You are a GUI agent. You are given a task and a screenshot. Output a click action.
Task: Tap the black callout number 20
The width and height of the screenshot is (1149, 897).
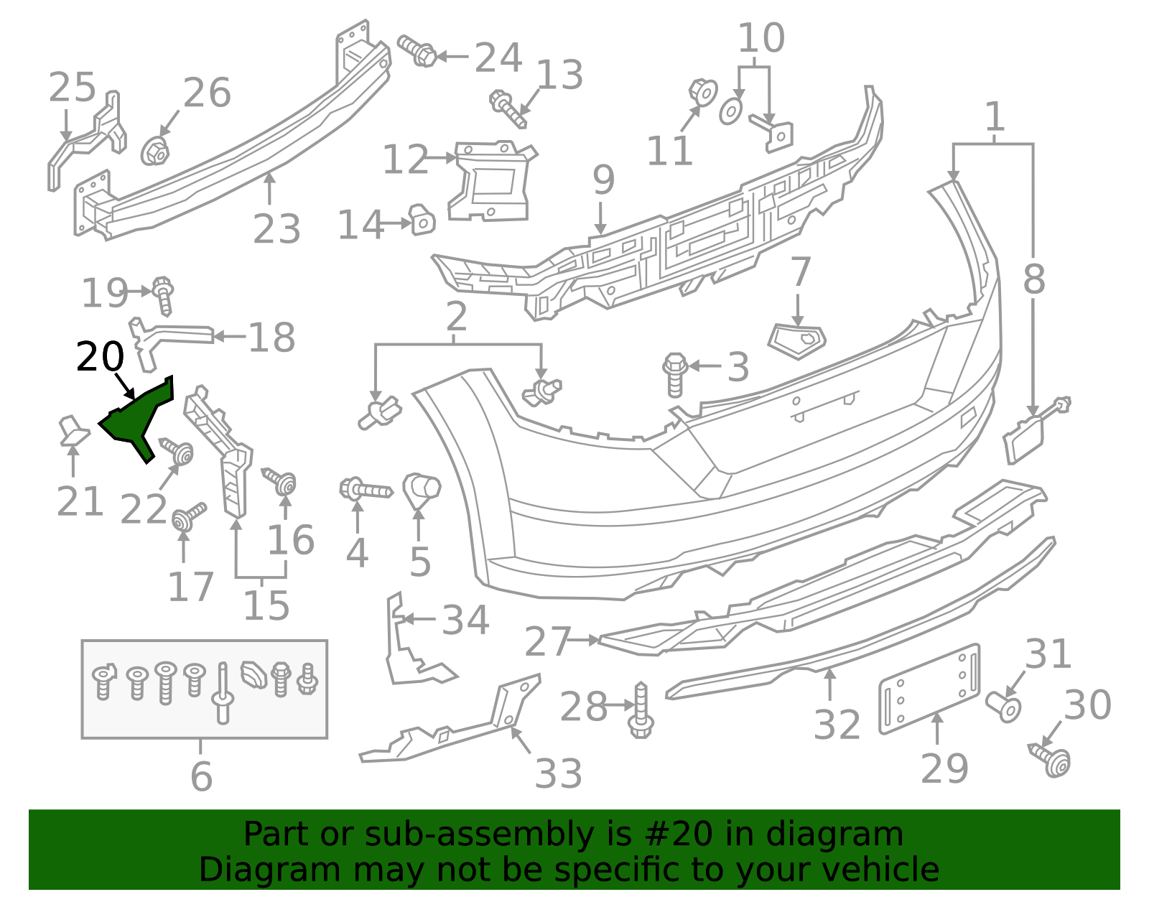coord(100,357)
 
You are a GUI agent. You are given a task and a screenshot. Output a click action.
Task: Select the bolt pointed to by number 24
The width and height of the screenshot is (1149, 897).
coord(417,51)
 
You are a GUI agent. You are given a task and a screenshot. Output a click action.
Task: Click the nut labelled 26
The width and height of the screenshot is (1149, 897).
coord(155,150)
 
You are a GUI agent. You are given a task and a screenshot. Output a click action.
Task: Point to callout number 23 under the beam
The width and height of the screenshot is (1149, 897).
coord(276,229)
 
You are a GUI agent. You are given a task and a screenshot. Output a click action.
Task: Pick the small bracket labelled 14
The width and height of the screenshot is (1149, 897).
coord(422,219)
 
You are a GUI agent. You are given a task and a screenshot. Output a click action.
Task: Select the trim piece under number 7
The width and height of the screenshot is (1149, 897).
coord(797,341)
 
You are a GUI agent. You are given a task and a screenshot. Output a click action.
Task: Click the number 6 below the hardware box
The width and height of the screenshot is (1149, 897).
coord(201,776)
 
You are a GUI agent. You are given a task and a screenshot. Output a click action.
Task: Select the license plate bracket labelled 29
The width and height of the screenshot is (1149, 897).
coord(929,688)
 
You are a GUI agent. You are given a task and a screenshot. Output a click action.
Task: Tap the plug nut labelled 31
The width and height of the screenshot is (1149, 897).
coord(1003,706)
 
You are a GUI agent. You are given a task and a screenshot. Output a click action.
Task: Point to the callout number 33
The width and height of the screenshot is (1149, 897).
coord(559,774)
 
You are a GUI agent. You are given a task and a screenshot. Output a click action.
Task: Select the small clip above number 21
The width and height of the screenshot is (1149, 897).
coord(73,429)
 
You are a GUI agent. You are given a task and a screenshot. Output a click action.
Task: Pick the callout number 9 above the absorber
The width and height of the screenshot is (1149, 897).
coord(603,180)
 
